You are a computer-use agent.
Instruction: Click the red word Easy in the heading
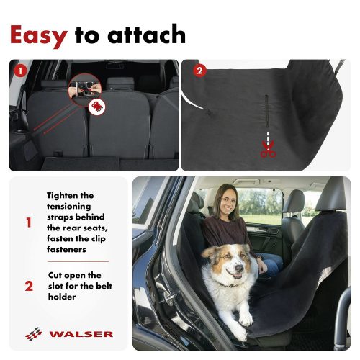[39, 36]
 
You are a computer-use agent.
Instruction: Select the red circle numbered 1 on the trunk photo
[20, 71]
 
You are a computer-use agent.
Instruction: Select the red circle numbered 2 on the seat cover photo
[199, 71]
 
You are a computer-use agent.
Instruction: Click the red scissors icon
[268, 149]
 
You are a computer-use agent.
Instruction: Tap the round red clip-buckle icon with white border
[96, 107]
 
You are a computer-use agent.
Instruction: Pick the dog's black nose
[239, 269]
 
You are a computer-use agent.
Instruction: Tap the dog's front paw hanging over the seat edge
[246, 320]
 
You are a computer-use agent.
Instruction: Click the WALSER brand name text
[81, 334]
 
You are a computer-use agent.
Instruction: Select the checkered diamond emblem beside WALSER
[33, 334]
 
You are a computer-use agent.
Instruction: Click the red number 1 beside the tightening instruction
[29, 222]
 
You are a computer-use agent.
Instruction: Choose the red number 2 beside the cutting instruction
[29, 286]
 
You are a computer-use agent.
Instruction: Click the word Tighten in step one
[63, 196]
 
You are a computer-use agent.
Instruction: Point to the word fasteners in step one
[66, 249]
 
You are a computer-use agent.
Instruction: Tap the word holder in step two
[62, 297]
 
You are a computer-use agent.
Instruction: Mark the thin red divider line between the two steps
[78, 261]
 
